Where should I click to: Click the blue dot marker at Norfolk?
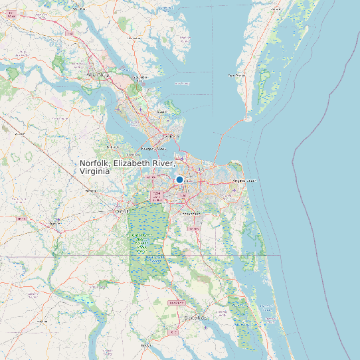click(179, 179)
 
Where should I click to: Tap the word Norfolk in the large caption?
click(95, 163)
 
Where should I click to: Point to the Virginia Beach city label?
click(243, 181)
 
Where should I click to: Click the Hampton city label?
click(172, 136)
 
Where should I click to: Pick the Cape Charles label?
click(237, 76)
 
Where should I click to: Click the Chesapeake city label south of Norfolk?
click(191, 214)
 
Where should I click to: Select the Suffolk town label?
click(122, 211)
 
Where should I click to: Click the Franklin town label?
click(52, 225)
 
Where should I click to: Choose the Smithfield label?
click(112, 147)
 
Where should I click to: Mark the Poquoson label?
click(161, 112)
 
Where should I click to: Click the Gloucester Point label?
click(139, 78)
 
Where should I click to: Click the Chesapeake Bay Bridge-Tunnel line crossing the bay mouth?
click(226, 136)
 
